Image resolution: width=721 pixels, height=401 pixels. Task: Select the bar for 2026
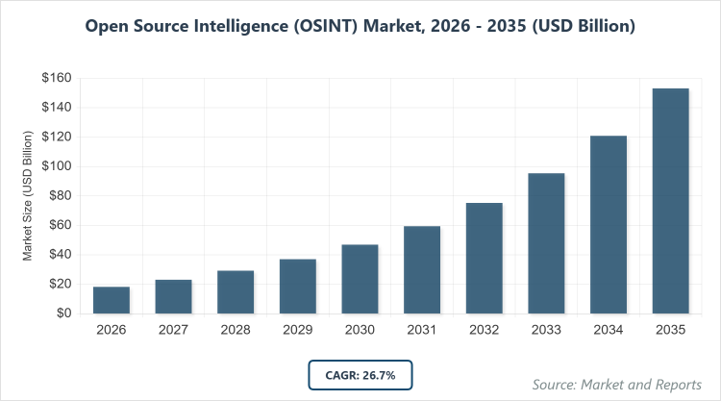point(112,300)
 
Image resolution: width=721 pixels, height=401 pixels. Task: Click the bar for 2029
point(298,287)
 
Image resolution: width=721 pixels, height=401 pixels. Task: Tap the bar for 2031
point(422,270)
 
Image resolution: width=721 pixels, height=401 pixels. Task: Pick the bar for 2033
point(546,243)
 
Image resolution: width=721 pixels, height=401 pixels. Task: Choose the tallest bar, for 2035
point(671,201)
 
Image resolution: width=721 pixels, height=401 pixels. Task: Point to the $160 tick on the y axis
point(56,78)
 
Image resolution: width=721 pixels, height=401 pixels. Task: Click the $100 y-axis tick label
point(56,166)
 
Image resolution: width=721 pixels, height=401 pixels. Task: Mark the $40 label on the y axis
point(59,255)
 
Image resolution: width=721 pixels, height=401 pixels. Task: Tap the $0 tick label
point(62,313)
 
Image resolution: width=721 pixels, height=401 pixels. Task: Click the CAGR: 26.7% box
point(360,375)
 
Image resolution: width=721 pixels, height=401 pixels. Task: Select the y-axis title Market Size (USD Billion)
point(29,196)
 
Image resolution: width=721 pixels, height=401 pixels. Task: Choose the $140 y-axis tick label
point(56,108)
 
